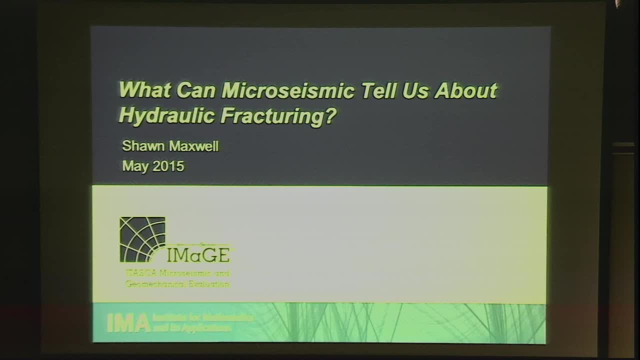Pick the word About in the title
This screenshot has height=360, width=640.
point(466,91)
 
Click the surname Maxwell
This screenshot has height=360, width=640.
point(192,146)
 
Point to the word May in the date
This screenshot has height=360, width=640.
point(134,166)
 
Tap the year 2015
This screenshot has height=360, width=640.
point(168,166)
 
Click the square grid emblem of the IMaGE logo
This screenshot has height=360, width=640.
point(142,239)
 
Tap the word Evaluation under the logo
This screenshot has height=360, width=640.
point(209,284)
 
